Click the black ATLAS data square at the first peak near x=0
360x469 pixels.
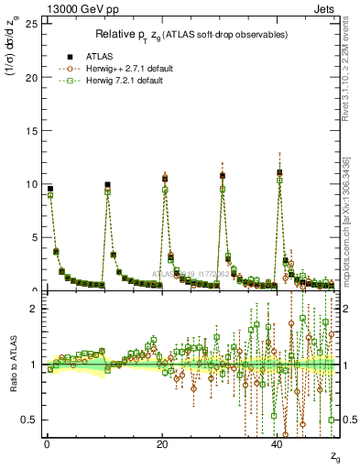49,189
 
